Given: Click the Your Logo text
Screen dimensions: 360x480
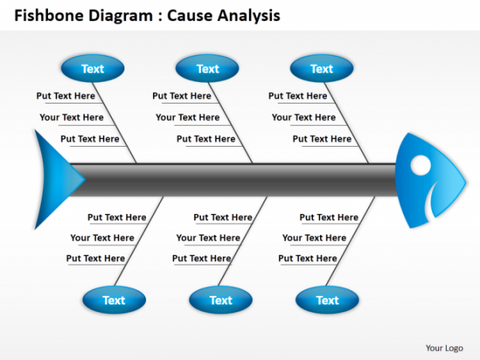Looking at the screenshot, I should [444, 347].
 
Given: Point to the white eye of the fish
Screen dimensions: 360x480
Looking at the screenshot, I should [420, 166].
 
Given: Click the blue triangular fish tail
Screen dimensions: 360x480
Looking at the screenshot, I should [54, 177].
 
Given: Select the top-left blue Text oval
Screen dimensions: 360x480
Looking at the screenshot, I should [92, 69].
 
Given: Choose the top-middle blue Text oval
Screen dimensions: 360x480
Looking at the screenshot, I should [207, 69].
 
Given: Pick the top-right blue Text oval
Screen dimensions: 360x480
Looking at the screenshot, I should [322, 69].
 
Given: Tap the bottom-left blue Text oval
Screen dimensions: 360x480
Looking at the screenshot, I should [114, 300].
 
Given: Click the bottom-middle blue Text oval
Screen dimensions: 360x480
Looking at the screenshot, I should [220, 300].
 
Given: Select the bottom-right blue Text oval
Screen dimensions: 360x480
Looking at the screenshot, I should [327, 300].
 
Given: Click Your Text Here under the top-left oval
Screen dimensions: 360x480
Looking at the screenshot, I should [71, 117].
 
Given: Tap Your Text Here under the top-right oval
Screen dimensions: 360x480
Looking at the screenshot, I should [303, 117].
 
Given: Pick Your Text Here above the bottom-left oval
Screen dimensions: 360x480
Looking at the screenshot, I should [101, 238].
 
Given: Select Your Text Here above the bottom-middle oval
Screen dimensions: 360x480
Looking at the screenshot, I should [207, 238].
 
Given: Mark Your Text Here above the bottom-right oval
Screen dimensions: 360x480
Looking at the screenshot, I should [314, 238].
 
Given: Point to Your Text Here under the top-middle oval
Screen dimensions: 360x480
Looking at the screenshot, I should [187, 117].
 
